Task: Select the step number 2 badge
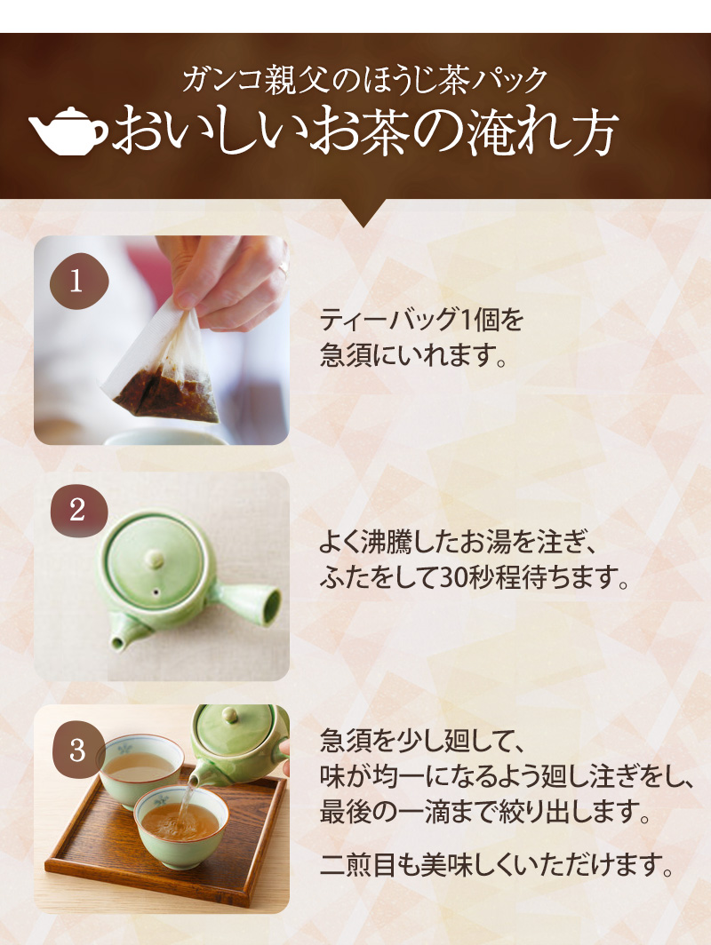tap(78, 511)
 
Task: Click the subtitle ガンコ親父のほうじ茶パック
tap(365, 80)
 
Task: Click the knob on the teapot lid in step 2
tap(152, 559)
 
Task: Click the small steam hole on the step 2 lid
tap(156, 592)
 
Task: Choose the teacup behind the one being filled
tap(140, 767)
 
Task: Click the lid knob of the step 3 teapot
tap(230, 715)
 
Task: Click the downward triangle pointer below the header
tap(363, 212)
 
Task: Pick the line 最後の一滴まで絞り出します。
tap(485, 812)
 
